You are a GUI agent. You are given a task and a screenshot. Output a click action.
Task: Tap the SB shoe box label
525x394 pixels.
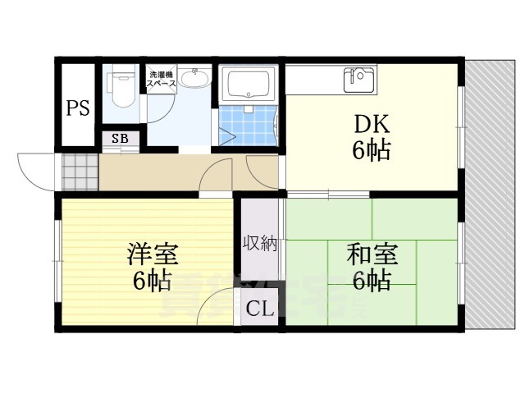click(x=119, y=138)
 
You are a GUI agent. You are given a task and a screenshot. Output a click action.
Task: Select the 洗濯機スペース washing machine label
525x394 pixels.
click(x=162, y=80)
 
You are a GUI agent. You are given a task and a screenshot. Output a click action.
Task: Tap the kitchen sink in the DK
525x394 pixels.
click(x=358, y=79)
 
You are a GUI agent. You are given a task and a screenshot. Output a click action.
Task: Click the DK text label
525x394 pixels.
click(x=372, y=125)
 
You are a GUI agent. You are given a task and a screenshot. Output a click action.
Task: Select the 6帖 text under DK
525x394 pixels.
click(x=372, y=150)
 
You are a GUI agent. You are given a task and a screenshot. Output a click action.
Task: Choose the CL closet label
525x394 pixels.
click(x=260, y=310)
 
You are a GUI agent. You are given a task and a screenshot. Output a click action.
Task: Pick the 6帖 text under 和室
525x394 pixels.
click(x=371, y=281)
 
